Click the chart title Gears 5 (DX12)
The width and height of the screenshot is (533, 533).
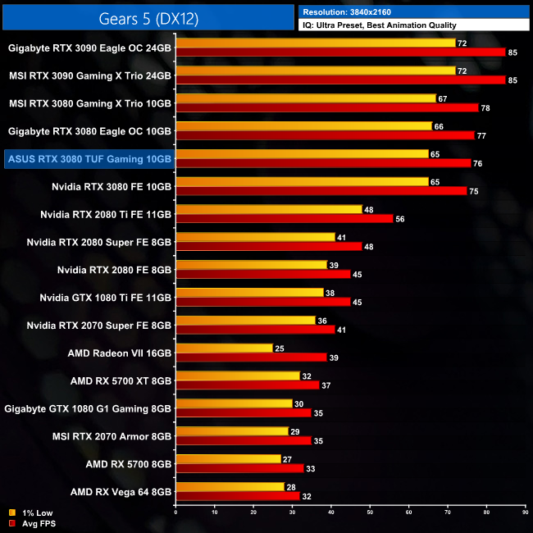click(148, 16)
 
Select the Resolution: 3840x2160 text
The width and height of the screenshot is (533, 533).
click(353, 11)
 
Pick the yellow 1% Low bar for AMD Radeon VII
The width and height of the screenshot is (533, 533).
click(224, 348)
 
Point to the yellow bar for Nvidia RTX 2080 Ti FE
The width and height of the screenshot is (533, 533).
click(269, 210)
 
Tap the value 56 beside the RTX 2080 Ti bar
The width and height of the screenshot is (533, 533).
click(400, 219)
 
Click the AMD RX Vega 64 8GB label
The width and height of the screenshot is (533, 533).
click(121, 492)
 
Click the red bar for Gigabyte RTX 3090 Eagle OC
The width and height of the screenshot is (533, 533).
click(340, 52)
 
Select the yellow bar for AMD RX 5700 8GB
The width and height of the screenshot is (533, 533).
click(228, 459)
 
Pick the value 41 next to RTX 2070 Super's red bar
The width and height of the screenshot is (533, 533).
click(342, 330)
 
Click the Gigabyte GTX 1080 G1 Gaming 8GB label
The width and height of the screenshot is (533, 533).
click(88, 408)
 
